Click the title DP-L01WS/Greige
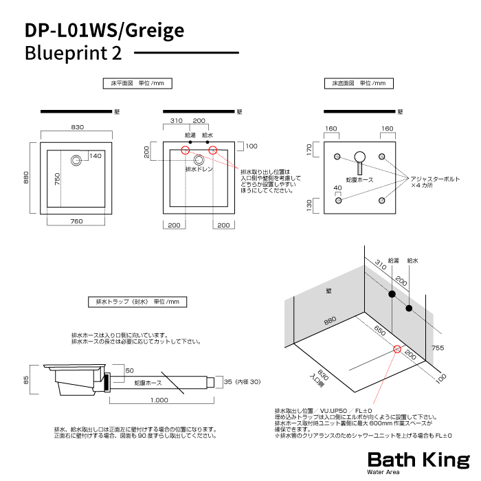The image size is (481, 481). pyautogui.click(x=104, y=30)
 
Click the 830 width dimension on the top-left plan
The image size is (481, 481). pyautogui.click(x=77, y=127)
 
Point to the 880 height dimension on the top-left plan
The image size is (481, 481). pyautogui.click(x=26, y=177)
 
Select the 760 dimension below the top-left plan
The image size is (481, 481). pyautogui.click(x=77, y=221)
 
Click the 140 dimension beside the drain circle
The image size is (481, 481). pyautogui.click(x=95, y=156)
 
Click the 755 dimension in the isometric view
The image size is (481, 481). pyautogui.click(x=447, y=348)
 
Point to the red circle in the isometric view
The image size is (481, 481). pyautogui.click(x=397, y=348)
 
